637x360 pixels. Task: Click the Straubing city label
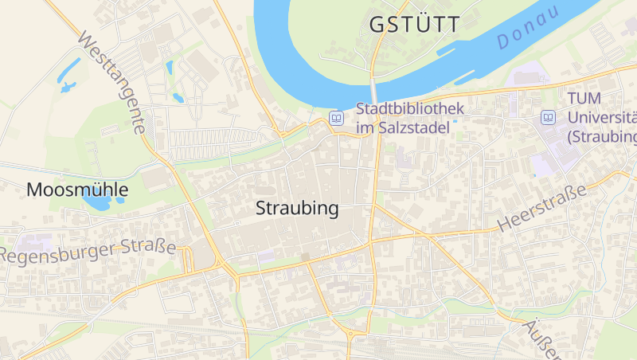[x=297, y=209]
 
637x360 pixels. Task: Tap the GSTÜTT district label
[x=415, y=25]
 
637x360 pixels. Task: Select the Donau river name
[x=528, y=32]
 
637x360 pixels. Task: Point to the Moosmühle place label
[x=77, y=190]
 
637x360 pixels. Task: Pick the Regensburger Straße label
[x=88, y=251]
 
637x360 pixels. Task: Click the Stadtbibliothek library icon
[x=338, y=118]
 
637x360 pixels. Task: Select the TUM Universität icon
[x=548, y=117]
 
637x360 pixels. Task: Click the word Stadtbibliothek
[x=409, y=108]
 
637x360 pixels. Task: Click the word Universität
[x=602, y=117]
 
